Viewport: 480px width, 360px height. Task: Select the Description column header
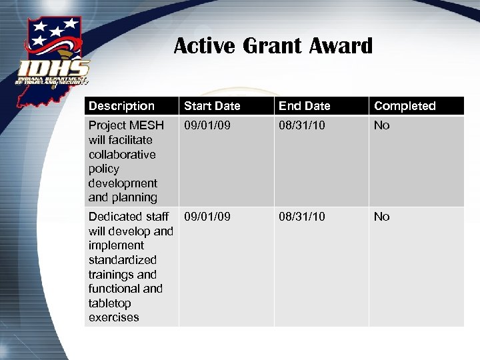121,106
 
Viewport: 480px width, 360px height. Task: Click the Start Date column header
212,106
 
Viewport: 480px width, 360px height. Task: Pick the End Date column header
304,106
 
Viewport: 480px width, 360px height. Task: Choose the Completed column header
405,106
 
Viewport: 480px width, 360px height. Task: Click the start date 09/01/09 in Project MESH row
207,125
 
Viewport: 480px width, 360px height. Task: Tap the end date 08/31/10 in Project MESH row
302,125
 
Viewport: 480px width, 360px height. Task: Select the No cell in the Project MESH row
382,125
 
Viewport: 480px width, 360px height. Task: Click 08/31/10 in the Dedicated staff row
302,217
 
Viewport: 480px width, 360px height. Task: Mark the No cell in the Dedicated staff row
382,217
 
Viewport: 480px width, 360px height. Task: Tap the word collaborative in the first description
122,155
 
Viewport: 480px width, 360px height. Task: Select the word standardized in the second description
123,260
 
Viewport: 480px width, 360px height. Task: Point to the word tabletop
110,303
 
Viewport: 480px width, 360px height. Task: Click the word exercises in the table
113,317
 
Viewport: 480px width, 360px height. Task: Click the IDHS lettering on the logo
54,68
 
